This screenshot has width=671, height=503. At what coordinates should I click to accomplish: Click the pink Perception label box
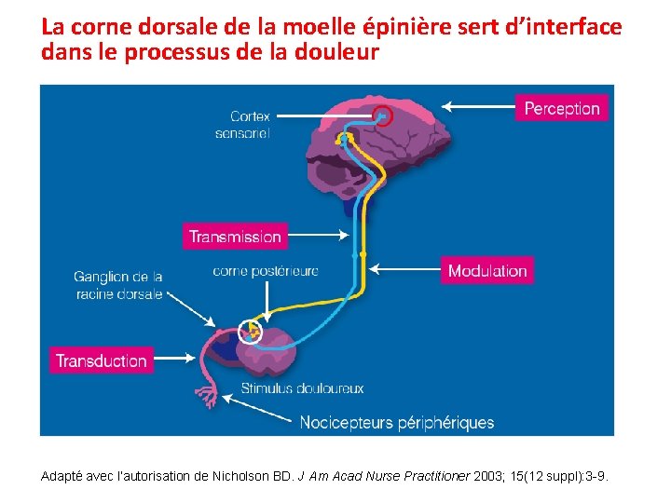(562, 108)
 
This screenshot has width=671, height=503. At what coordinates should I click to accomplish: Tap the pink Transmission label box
(235, 237)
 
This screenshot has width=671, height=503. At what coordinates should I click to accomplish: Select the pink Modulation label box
(487, 271)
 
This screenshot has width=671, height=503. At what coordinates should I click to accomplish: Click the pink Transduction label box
(102, 360)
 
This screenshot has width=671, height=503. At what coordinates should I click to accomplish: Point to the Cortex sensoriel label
(243, 125)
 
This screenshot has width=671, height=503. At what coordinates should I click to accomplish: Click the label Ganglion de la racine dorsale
(118, 285)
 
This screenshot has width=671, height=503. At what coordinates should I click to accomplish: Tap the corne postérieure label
(266, 271)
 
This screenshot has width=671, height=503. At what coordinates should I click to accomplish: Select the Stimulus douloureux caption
(303, 387)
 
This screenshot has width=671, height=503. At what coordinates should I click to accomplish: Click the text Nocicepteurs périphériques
(397, 423)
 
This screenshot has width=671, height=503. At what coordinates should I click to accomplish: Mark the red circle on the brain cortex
(382, 116)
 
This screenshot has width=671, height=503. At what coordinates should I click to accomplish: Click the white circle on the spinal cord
(251, 331)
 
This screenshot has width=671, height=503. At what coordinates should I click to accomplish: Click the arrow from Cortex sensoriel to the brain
(326, 116)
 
